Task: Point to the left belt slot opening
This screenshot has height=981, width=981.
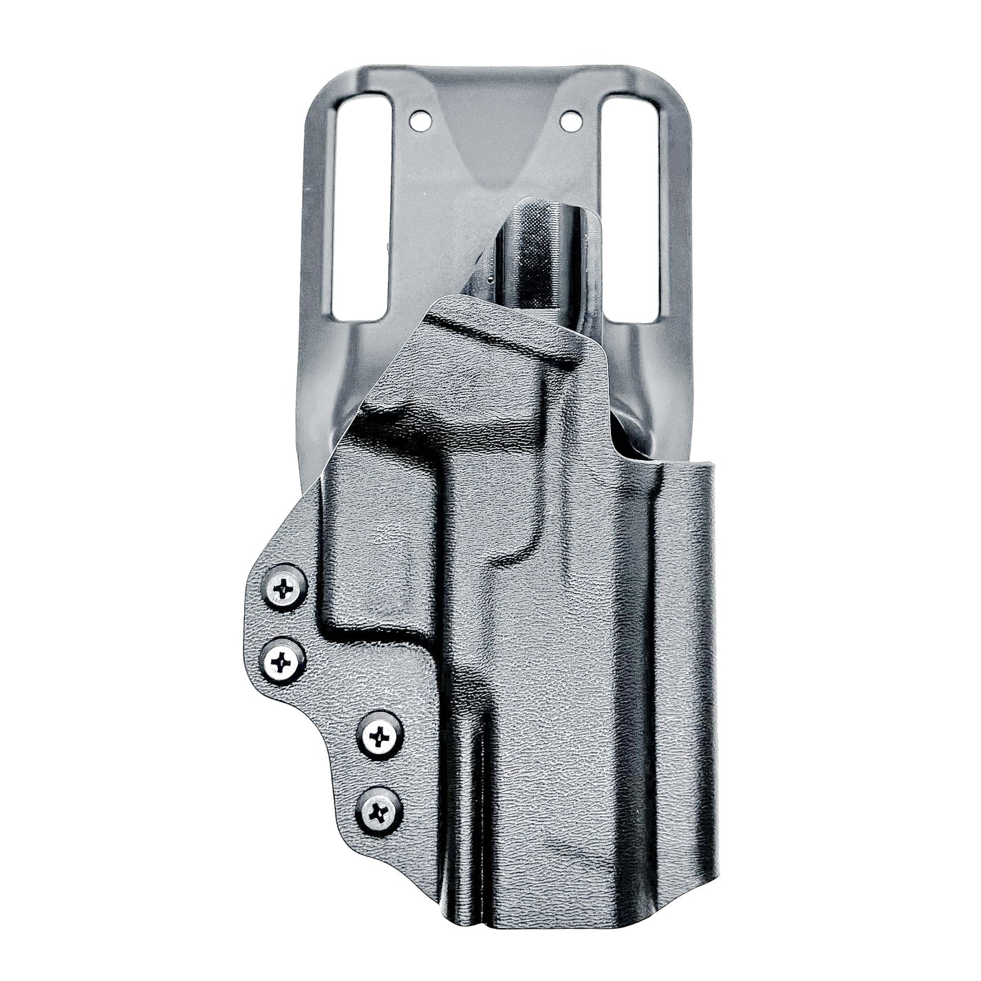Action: [x=359, y=206]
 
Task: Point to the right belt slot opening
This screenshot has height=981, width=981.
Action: [x=629, y=206]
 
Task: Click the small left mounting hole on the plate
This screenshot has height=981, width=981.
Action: [x=418, y=122]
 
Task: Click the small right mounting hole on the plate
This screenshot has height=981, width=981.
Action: [x=570, y=122]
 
